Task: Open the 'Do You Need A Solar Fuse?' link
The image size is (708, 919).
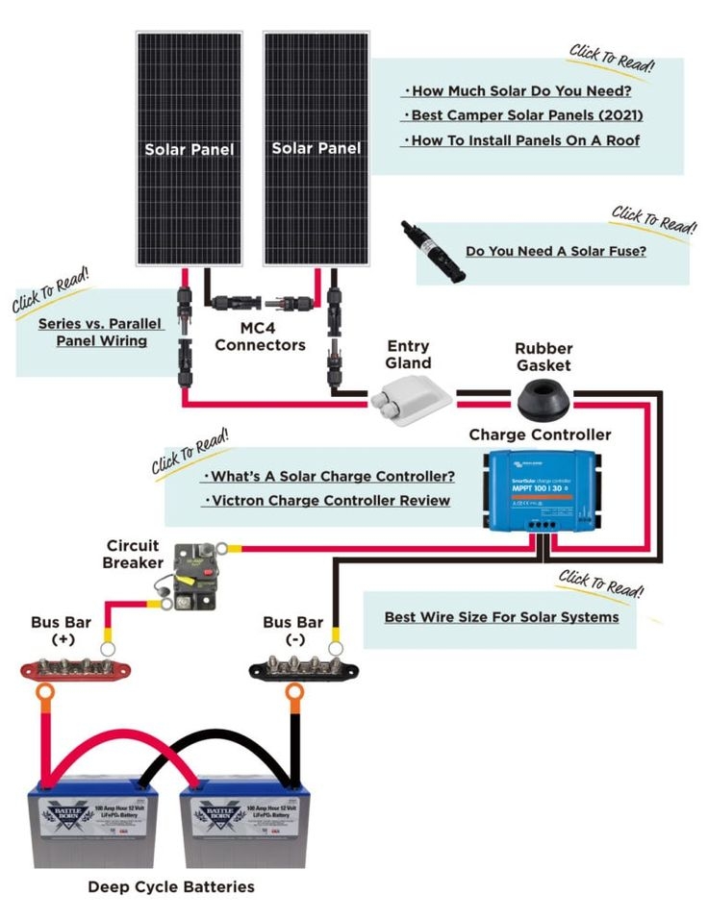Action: pos(555,251)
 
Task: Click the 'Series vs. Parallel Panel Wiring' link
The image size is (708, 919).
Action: pos(100,332)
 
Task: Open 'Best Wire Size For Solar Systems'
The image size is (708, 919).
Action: pos(501,616)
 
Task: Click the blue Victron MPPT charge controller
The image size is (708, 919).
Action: pos(541,490)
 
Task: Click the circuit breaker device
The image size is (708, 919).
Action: pos(197,577)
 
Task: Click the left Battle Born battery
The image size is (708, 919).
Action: pos(92,826)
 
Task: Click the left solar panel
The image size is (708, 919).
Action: pos(189,149)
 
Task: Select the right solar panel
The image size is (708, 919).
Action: pos(316,149)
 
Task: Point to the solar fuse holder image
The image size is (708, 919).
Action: pos(433,251)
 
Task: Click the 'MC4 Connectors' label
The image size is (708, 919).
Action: pos(260,336)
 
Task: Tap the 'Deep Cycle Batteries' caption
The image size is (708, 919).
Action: pos(171,886)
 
